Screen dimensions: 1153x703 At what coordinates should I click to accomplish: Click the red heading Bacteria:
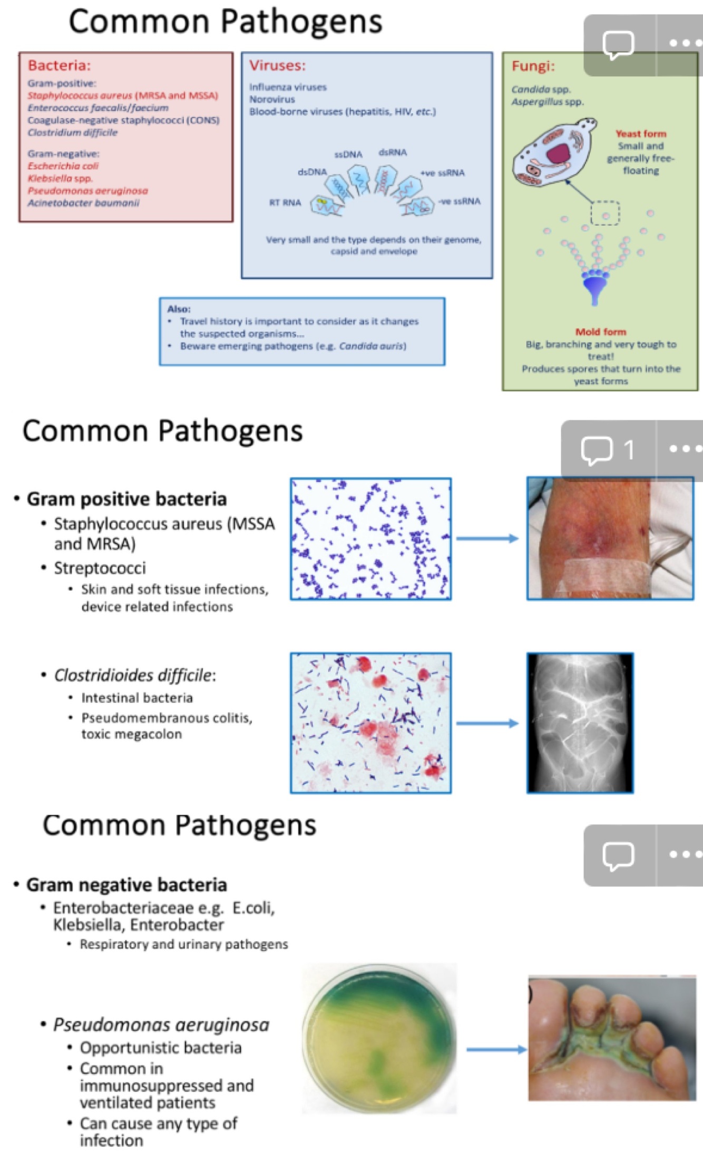pos(59,65)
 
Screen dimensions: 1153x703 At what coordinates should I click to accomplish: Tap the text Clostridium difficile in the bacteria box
pos(73,133)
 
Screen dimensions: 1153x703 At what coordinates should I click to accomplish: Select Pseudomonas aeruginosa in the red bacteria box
pos(87,191)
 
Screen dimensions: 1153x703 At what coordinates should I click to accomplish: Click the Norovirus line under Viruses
pos(272,100)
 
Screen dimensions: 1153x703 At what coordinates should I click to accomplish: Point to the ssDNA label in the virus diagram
pos(348,155)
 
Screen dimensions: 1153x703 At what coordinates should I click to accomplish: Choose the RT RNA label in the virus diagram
pos(285,203)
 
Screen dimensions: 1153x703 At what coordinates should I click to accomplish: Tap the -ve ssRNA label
pos(459,201)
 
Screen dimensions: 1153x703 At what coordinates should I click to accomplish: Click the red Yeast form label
pos(640,134)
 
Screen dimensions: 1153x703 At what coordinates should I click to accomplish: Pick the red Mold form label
pos(600,332)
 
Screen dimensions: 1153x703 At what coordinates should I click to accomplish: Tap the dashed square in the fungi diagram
pos(604,213)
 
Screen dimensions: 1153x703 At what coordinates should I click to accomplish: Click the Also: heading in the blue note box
pos(179,309)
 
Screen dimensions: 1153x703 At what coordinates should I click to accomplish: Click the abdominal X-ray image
pos(580,723)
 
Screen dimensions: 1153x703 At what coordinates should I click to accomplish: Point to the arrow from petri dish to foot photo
pos(496,1050)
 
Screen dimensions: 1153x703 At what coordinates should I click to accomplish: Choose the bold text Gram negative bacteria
pos(126,885)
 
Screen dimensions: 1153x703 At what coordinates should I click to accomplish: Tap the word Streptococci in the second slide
pos(100,568)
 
